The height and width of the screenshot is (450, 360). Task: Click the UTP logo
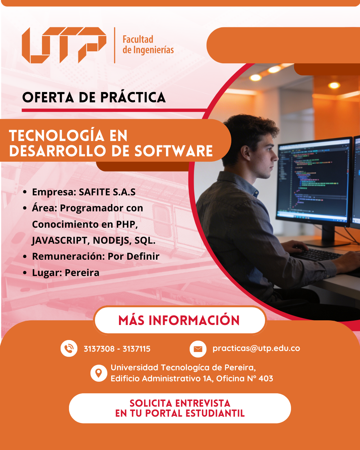click(64, 45)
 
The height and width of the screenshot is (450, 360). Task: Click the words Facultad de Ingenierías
click(148, 45)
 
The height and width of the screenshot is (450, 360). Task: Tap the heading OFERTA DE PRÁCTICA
click(94, 97)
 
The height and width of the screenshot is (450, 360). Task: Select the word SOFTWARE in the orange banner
click(173, 151)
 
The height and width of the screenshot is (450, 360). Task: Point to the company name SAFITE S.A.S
click(107, 192)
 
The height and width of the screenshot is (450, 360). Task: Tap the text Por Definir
click(133, 256)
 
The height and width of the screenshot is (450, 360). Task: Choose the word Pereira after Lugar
click(82, 273)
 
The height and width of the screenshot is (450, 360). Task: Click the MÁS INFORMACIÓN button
click(180, 321)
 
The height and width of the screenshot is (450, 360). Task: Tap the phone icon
click(69, 348)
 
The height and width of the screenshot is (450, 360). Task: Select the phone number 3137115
click(136, 349)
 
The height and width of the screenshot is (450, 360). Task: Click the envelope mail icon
click(198, 349)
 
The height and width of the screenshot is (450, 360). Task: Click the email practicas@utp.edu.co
click(256, 348)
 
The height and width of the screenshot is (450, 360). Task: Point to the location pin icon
click(99, 373)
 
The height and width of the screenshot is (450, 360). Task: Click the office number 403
click(266, 379)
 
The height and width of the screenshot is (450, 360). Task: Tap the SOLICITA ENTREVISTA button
click(180, 408)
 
